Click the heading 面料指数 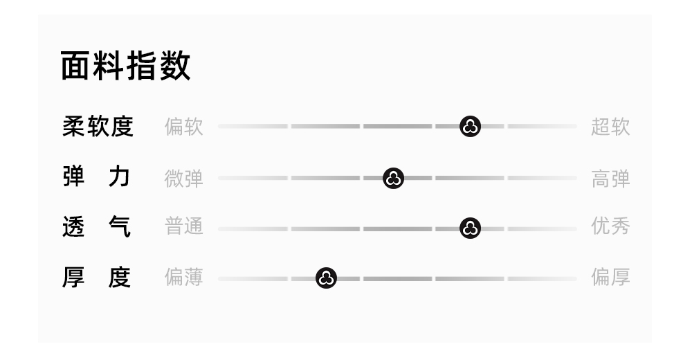pos(125,67)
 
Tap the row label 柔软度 pos(98,127)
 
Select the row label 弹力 pos(98,178)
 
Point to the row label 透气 pos(98,228)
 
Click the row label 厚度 pos(98,278)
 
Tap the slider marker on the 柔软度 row pos(471,127)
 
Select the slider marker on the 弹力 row pos(393,178)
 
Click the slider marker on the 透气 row pos(471,228)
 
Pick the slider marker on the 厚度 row pos(326,278)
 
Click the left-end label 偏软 pos(184,127)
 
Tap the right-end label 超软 pos(610,127)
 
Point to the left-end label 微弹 pos(184,178)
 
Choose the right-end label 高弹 pos(610,178)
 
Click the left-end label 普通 pos(184,228)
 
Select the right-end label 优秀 pos(610,228)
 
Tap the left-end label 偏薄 pos(184,278)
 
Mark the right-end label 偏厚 pos(610,278)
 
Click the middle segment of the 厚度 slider pos(397,278)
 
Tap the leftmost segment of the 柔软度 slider pos(253,127)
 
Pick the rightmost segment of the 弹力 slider pos(542,178)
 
